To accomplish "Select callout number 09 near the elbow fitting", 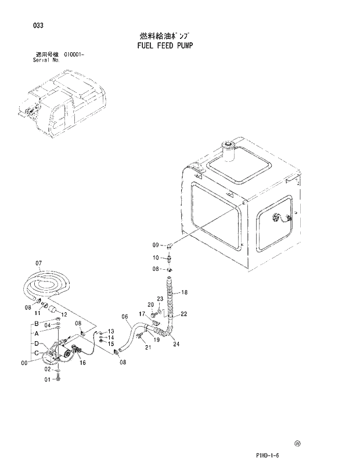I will click(x=156, y=244).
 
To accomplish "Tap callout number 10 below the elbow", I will click(x=156, y=258).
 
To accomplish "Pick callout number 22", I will click(x=183, y=314).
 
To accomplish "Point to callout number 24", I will click(x=177, y=343).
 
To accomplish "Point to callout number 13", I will click(x=110, y=331).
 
